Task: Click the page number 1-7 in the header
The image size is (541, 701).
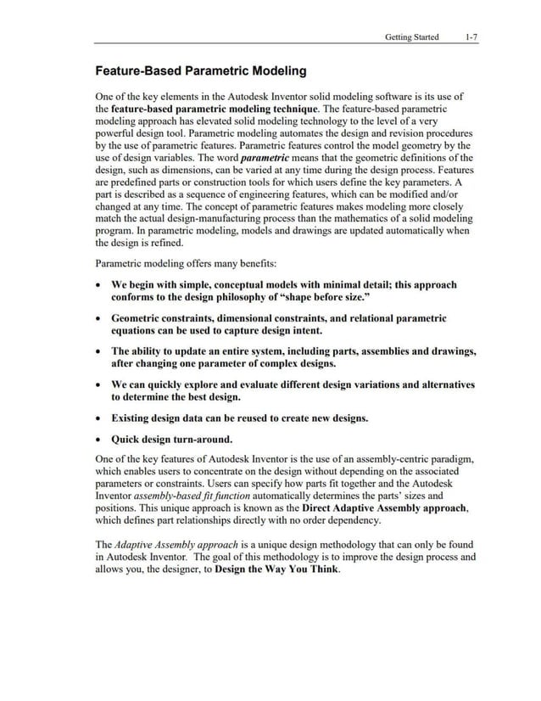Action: pos(471,37)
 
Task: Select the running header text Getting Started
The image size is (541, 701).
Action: pos(411,37)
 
